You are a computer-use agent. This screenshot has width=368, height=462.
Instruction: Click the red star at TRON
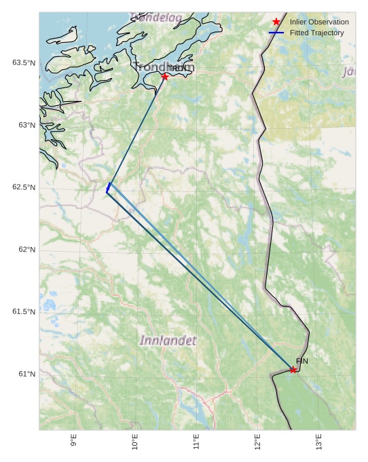tap(165, 77)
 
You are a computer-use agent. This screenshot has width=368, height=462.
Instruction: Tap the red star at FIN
tap(293, 370)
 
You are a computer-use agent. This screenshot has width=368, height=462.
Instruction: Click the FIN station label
tap(302, 361)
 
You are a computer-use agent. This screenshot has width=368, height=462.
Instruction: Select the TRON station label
tap(179, 69)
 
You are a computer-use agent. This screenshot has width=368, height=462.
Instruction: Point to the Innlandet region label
tap(168, 340)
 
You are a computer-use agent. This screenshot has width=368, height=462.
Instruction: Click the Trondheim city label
tap(164, 66)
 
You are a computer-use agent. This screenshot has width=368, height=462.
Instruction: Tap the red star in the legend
tap(276, 22)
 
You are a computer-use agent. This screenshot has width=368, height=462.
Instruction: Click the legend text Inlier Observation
tap(319, 22)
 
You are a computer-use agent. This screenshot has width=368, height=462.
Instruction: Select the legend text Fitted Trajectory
tap(316, 33)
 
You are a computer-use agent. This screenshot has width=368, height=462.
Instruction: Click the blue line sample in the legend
tap(276, 33)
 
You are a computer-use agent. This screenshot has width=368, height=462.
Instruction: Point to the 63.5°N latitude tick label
tap(24, 63)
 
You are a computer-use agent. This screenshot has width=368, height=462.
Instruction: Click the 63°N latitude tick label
tap(26, 125)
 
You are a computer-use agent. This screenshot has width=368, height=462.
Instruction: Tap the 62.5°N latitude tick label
tap(24, 187)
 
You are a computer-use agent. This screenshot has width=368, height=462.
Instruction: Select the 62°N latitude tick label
tap(26, 250)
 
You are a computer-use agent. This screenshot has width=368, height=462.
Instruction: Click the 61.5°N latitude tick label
tap(24, 312)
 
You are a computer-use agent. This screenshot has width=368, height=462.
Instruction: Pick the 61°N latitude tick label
tap(26, 374)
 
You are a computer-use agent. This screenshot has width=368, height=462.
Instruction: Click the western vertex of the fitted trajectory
tap(107, 192)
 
